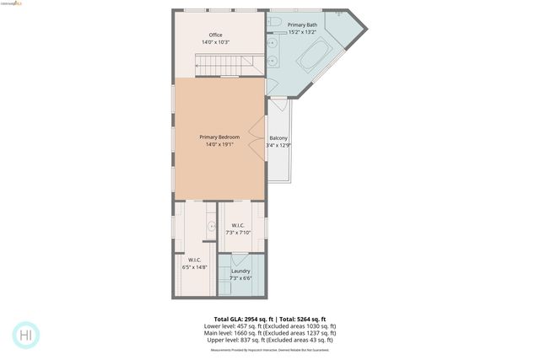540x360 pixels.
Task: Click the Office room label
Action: click(216, 35)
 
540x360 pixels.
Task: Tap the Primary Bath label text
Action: click(302, 25)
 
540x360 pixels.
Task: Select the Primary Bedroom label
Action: click(219, 137)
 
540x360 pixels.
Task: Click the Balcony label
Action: click(278, 138)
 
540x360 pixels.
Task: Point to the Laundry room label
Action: click(240, 271)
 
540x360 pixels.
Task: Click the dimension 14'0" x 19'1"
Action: click(219, 144)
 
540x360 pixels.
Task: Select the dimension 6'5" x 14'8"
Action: click(194, 267)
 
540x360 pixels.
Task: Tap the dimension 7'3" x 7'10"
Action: click(240, 232)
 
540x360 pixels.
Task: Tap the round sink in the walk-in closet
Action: click(212, 225)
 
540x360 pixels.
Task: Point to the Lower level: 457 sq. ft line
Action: click(270, 325)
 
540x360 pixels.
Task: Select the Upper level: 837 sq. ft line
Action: click(270, 339)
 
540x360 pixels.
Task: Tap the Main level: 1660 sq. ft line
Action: click(270, 332)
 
